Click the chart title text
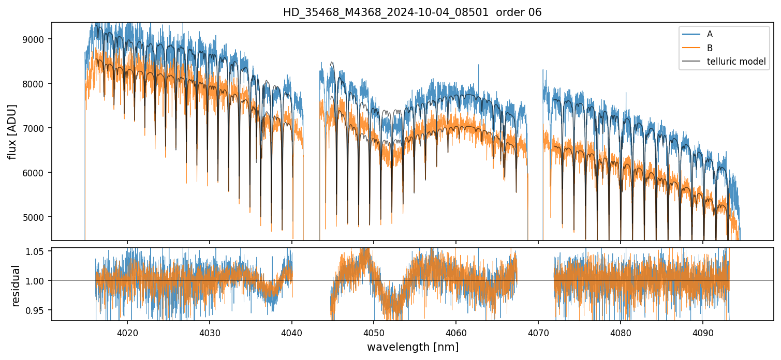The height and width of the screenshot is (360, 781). click(x=412, y=12)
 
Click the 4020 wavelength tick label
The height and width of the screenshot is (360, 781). click(x=127, y=332)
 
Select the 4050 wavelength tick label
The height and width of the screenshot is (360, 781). click(x=374, y=332)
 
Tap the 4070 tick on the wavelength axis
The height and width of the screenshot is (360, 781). click(x=538, y=332)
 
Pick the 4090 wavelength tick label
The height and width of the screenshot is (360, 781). click(x=703, y=332)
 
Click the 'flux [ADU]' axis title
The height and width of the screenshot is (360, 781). click(x=12, y=131)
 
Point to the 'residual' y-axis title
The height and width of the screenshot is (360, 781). click(x=16, y=286)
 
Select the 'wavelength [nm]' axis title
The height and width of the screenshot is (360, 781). click(x=412, y=347)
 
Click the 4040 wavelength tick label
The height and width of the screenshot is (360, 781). click(x=292, y=332)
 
